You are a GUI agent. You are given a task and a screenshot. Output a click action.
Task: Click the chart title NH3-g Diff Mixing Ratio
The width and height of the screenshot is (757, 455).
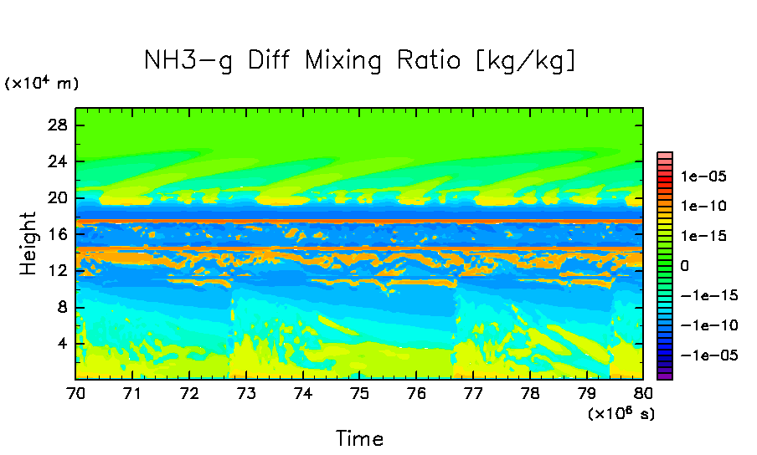[x=360, y=61]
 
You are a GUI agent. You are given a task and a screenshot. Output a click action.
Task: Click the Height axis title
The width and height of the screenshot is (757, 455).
[x=29, y=243]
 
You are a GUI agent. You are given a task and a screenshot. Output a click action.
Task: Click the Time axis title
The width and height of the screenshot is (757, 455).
[x=359, y=438]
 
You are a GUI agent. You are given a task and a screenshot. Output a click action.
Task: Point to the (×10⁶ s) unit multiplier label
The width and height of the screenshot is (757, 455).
[x=621, y=413]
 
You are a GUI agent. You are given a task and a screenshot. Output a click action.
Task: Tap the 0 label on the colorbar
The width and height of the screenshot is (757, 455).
[x=685, y=265]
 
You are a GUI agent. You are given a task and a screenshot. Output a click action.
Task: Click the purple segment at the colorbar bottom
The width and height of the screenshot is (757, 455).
[x=665, y=376]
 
